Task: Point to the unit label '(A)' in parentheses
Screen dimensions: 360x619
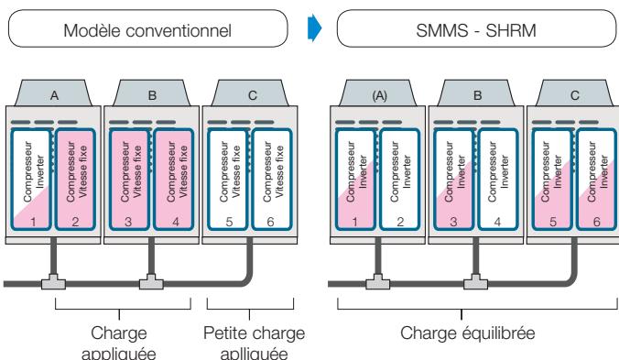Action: [x=374, y=93]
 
